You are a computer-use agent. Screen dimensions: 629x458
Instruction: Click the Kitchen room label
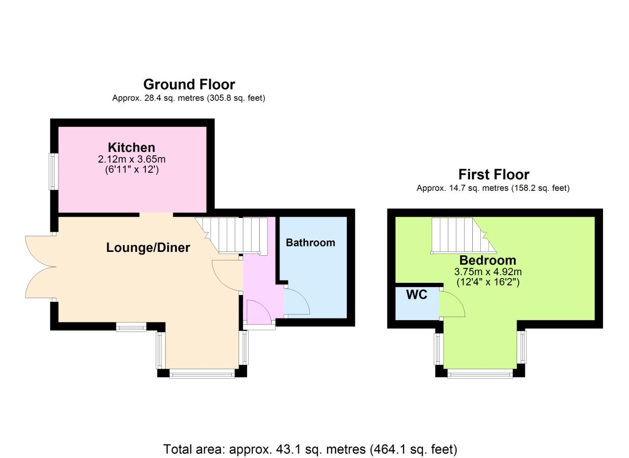pos(131,148)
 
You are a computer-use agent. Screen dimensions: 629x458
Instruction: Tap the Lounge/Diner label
pos(148,248)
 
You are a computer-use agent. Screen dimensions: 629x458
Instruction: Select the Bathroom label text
pos(310,243)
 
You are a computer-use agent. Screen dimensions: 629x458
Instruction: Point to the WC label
pos(417,295)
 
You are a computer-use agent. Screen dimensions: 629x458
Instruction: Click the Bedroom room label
pos(488,260)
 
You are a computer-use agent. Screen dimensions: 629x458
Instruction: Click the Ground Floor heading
pos(189,84)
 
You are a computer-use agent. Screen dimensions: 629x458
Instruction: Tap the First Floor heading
pos(493,175)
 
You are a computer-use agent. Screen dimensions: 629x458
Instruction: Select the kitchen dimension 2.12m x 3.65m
pos(132,159)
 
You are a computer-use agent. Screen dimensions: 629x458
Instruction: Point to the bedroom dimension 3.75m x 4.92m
pos(488,272)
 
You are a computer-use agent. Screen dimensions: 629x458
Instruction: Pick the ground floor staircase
pos(231,236)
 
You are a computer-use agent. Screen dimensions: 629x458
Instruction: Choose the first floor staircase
pos(464,236)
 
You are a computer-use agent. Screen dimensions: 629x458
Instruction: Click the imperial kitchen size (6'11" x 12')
pos(132,170)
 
